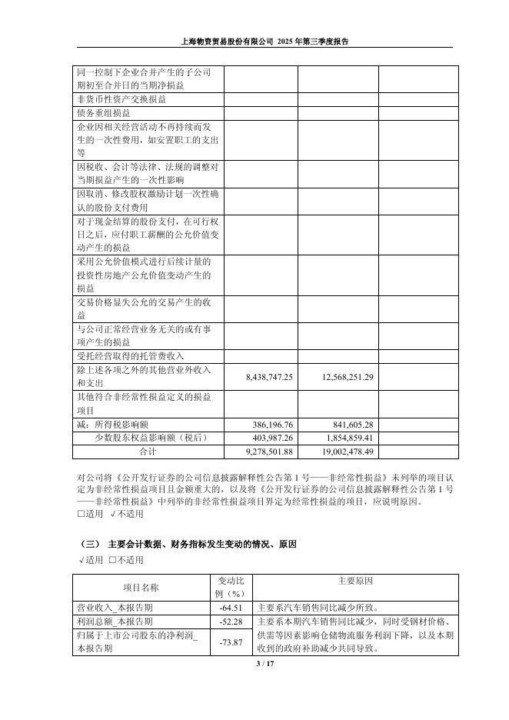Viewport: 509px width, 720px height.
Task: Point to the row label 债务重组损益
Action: coord(104,113)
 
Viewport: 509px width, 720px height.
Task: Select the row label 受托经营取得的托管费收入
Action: coord(131,356)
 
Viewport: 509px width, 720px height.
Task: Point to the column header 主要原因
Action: coord(354,581)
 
